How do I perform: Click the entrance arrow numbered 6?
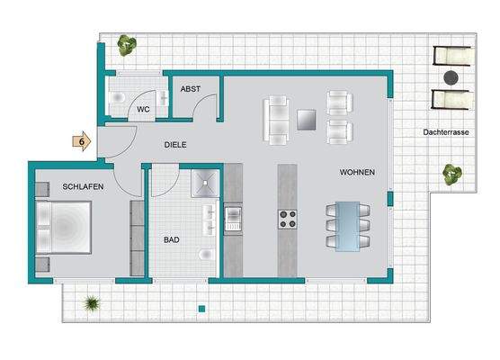(x=82, y=141)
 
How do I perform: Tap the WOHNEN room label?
(x=357, y=172)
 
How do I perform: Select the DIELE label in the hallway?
(x=175, y=145)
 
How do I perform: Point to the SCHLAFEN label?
(x=83, y=186)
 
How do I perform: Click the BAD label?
(x=172, y=239)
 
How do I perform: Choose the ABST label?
(x=191, y=89)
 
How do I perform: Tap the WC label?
(x=143, y=110)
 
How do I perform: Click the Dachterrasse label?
(x=446, y=132)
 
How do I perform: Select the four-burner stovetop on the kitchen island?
(x=287, y=220)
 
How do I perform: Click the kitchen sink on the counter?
(x=233, y=219)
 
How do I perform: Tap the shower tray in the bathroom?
(x=205, y=183)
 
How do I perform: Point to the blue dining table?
(x=348, y=226)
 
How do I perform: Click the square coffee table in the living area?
(x=307, y=120)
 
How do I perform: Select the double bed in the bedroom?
(x=64, y=227)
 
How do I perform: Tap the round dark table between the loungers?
(x=451, y=77)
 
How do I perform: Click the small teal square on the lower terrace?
(x=201, y=309)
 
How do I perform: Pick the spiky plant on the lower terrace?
(x=92, y=303)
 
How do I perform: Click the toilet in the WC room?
(x=117, y=97)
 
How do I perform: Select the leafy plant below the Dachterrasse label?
(x=452, y=175)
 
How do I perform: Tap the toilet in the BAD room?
(x=207, y=255)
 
